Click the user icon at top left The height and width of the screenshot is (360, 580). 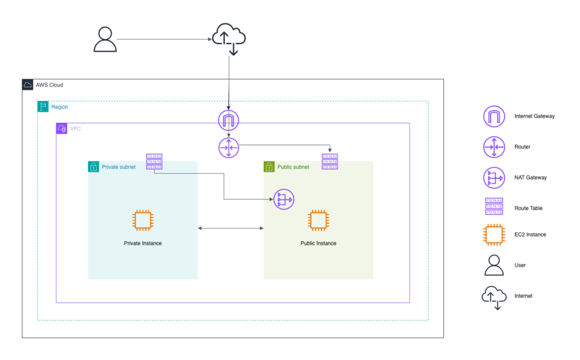(x=105, y=40)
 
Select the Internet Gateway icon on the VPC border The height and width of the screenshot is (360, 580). (x=228, y=120)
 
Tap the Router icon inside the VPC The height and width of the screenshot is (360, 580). (x=228, y=148)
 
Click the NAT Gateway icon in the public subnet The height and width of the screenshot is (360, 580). (x=284, y=199)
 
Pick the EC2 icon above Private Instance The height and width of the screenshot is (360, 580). (x=143, y=221)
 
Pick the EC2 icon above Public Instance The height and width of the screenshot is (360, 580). (x=318, y=221)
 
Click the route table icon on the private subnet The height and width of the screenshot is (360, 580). (x=154, y=162)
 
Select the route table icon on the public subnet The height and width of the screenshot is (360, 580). (x=330, y=162)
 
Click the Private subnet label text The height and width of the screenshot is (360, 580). (x=118, y=167)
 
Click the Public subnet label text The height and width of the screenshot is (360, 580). (x=293, y=167)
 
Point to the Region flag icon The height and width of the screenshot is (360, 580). (x=43, y=106)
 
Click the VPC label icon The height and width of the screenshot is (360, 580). (x=62, y=128)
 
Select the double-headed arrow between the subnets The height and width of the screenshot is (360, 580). (x=231, y=228)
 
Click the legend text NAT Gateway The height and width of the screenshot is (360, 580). (x=530, y=178)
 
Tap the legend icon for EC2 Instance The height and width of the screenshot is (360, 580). (x=494, y=234)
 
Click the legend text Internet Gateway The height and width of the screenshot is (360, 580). (x=534, y=116)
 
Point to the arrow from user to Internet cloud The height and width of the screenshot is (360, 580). (x=164, y=40)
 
